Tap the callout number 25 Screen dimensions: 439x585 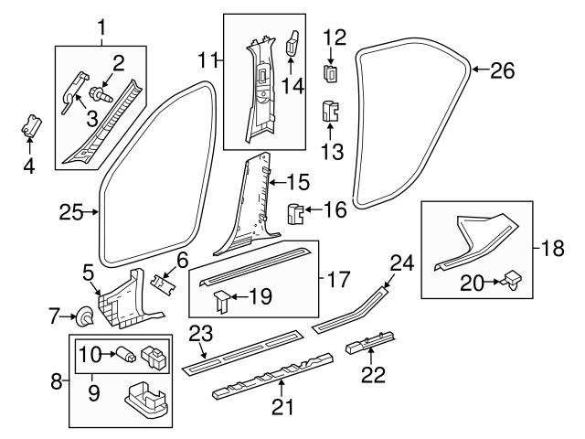(x=70, y=213)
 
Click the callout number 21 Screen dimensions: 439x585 (x=283, y=406)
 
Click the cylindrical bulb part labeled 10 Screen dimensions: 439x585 (x=122, y=353)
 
